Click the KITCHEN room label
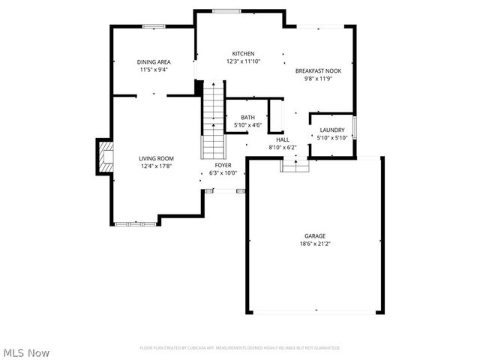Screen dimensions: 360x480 point(242,54)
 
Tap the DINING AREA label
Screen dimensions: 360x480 point(153,62)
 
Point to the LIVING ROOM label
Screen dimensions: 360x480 point(156,158)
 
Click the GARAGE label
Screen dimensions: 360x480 point(314,236)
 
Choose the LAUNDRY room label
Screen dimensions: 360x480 point(331,130)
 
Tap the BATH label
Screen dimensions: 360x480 point(247,118)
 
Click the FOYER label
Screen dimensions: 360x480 point(223,165)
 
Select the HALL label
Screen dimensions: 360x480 point(283,139)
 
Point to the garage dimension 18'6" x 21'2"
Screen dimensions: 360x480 point(314,244)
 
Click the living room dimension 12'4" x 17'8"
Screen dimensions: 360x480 point(156,166)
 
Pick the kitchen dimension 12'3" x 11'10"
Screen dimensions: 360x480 point(242,61)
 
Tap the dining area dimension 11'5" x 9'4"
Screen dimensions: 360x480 point(153,70)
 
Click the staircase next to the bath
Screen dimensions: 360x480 point(213,120)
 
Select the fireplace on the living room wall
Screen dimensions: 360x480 point(104,157)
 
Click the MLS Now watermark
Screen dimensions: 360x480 point(26,352)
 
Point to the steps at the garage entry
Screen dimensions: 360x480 point(295,165)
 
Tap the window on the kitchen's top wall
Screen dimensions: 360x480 point(226,10)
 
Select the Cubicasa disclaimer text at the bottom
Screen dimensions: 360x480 point(239,348)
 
